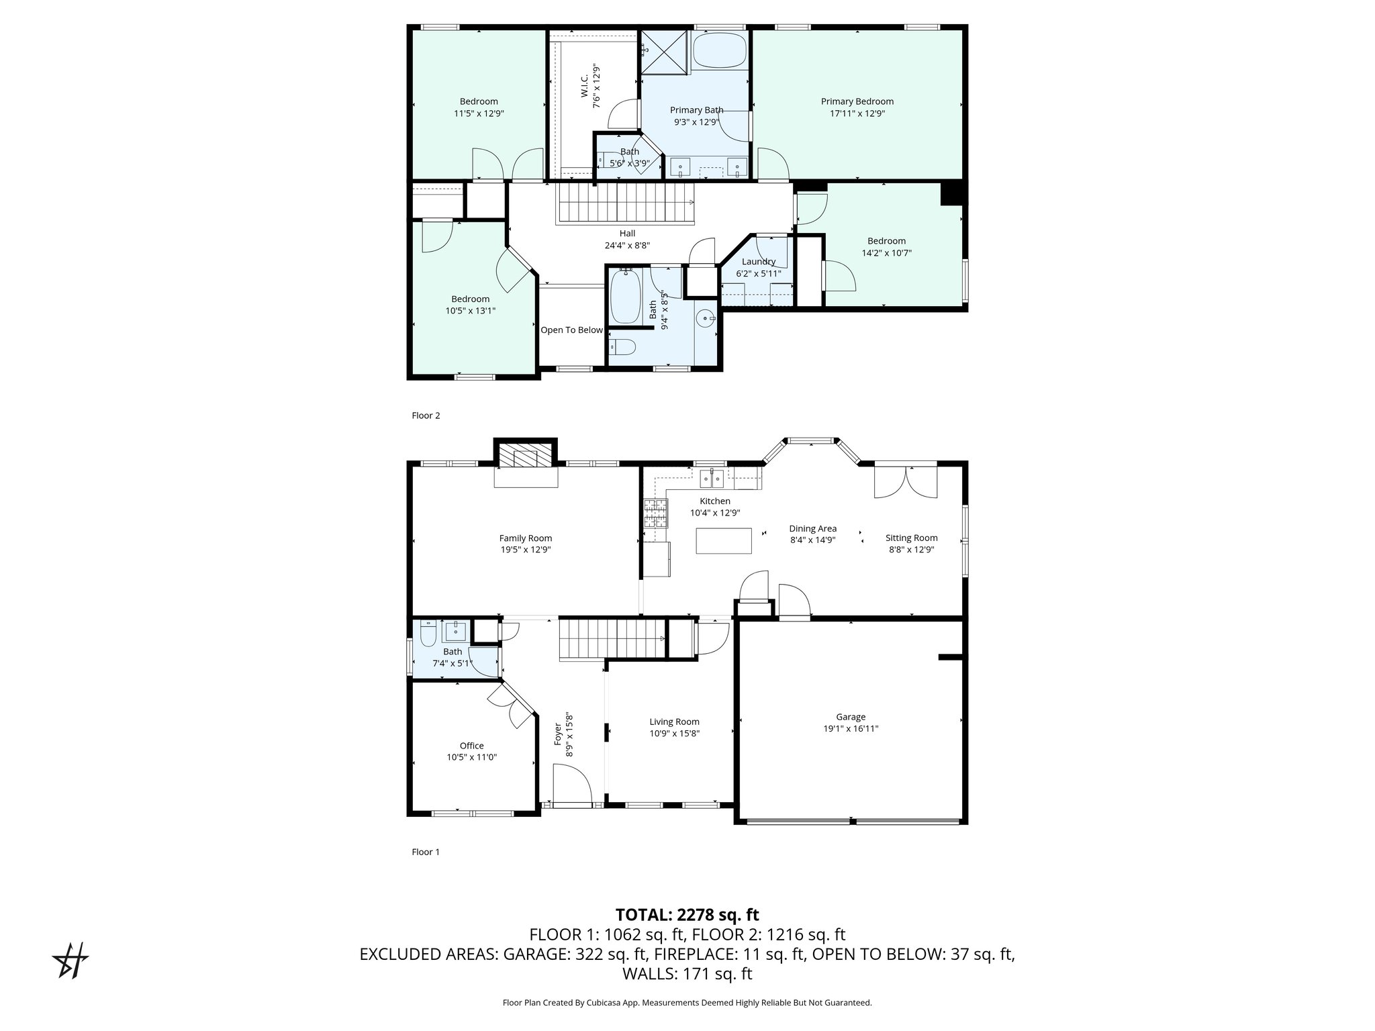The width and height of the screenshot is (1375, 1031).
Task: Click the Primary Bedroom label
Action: click(x=857, y=101)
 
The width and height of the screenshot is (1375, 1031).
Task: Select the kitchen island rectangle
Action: click(x=724, y=541)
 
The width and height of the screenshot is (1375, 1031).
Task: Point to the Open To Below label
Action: click(x=572, y=330)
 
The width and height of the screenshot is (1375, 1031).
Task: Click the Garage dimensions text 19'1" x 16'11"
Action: click(x=851, y=728)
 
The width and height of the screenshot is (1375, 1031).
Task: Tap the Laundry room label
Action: click(x=759, y=262)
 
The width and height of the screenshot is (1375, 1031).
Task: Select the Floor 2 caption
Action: click(x=426, y=415)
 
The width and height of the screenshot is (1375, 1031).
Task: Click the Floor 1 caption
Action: click(x=426, y=852)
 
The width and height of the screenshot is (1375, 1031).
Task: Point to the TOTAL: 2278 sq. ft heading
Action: click(x=687, y=914)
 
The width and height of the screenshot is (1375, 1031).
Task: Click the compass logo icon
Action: click(x=70, y=961)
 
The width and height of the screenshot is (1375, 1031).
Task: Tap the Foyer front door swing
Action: click(x=572, y=785)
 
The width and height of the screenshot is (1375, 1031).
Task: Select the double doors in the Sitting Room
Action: click(x=906, y=481)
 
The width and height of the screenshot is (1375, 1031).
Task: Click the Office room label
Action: click(x=472, y=746)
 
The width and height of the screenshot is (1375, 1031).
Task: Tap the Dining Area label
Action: click(x=813, y=528)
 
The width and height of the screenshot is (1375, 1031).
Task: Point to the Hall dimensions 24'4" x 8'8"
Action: click(x=627, y=246)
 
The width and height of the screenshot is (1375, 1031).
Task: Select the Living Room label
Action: click(x=674, y=722)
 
